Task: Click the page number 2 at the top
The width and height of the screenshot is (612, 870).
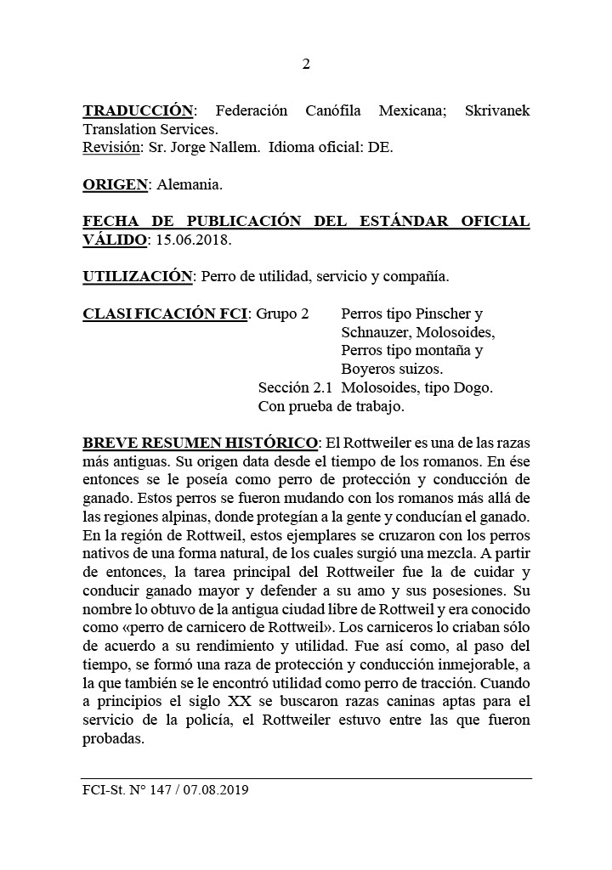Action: pos(306,65)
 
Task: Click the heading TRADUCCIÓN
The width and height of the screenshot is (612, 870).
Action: pos(138,111)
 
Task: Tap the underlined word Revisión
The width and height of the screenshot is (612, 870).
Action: pos(110,147)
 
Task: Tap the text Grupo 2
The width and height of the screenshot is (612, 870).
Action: pos(282,314)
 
